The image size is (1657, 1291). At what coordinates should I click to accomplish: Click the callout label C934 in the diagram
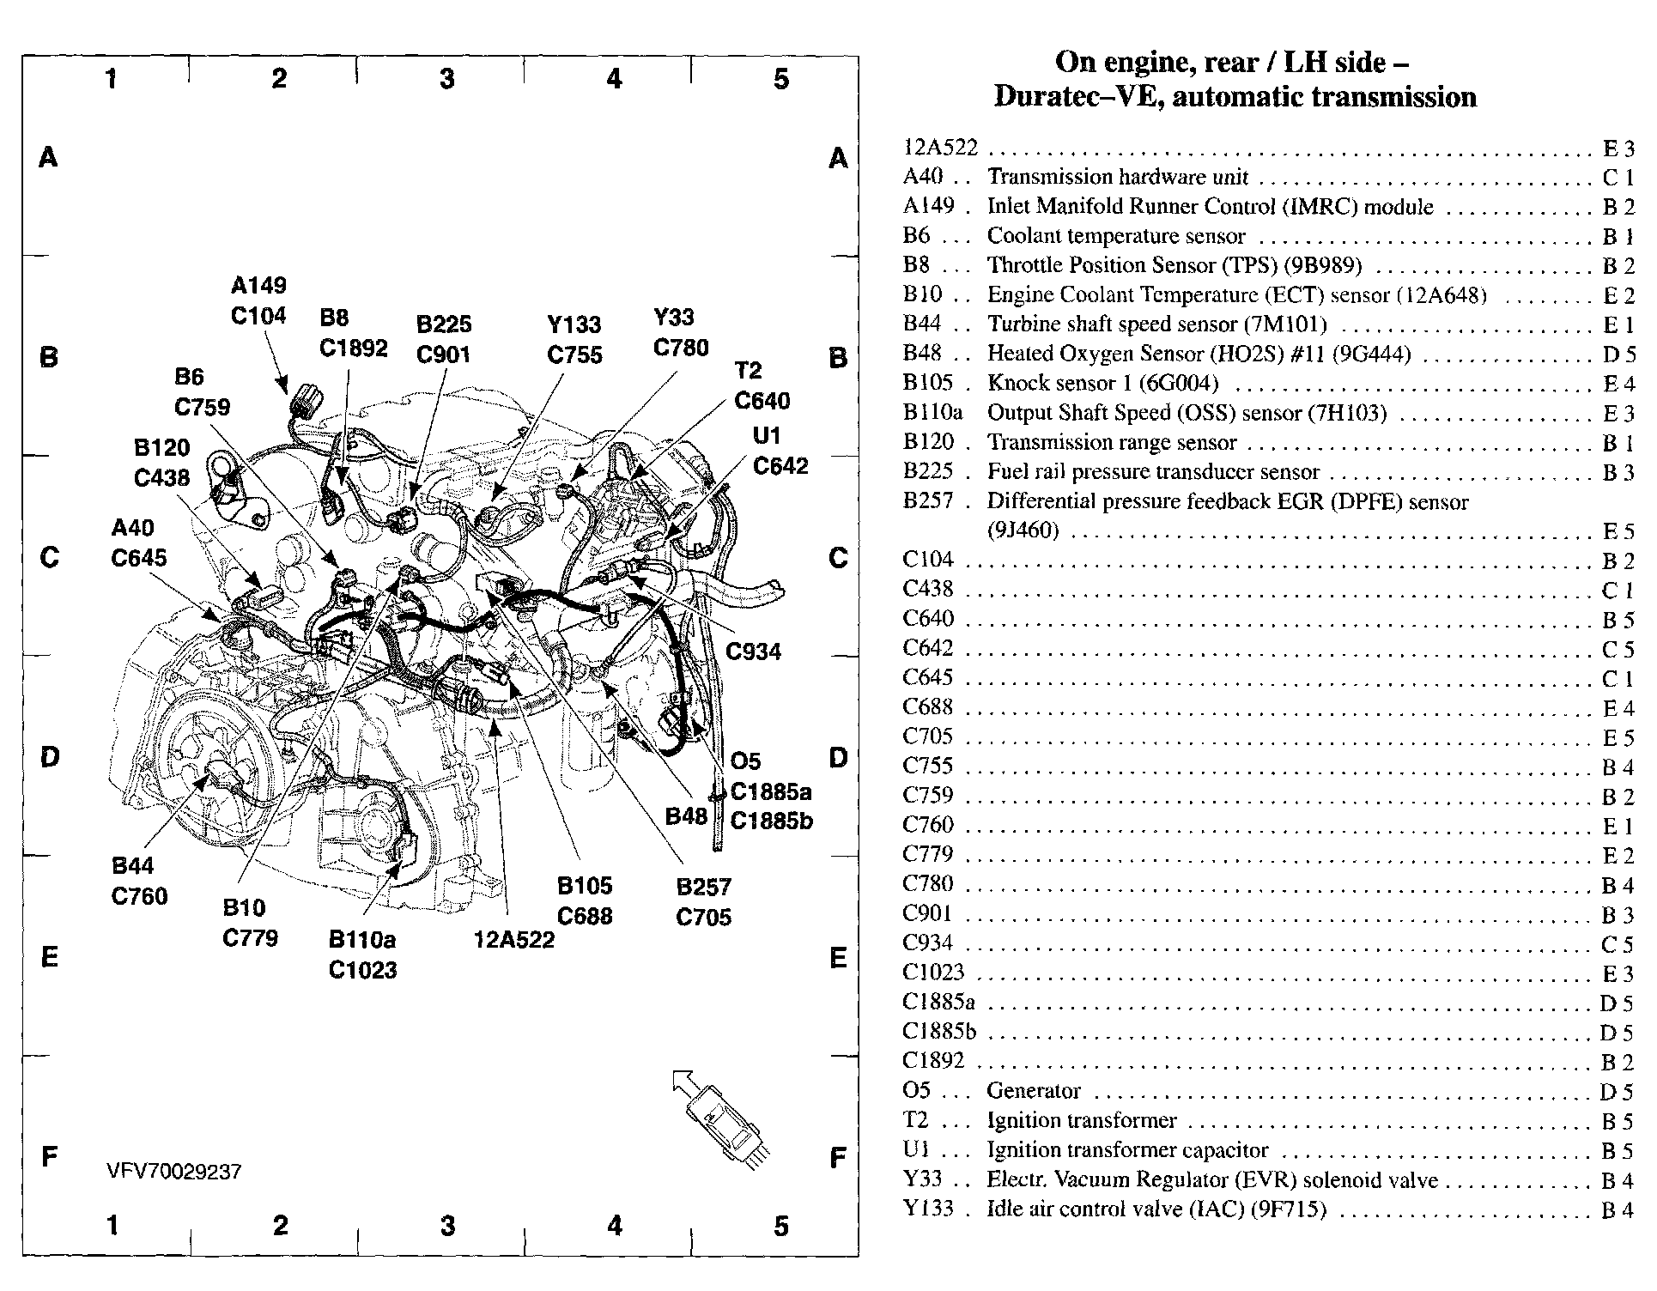click(x=753, y=652)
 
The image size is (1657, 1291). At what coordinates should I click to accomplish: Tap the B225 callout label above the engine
click(x=444, y=324)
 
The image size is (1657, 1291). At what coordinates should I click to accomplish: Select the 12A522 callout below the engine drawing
click(x=513, y=940)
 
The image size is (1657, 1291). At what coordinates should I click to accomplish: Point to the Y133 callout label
click(x=574, y=324)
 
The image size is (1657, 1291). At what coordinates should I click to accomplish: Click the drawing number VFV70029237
click(x=174, y=1172)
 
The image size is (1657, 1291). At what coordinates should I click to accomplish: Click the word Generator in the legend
click(x=1033, y=1090)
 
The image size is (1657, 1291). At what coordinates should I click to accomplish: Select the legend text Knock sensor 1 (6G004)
click(x=1102, y=383)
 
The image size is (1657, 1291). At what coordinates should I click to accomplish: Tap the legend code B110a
click(x=932, y=413)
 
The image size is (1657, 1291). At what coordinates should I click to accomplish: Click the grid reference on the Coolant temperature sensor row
click(x=1617, y=237)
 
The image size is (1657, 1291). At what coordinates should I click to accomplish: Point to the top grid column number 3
click(x=446, y=79)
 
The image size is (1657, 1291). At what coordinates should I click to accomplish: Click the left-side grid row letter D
click(x=49, y=757)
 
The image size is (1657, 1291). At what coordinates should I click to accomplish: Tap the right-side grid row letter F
click(x=838, y=1158)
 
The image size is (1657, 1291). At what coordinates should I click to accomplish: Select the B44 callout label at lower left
click(x=132, y=865)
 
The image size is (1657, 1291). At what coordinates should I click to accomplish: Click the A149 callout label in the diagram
click(x=258, y=285)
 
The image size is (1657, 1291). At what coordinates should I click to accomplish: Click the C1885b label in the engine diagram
click(x=771, y=821)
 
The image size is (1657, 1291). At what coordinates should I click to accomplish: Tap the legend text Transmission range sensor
click(x=1111, y=442)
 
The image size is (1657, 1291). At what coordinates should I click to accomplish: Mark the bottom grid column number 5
click(x=780, y=1226)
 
